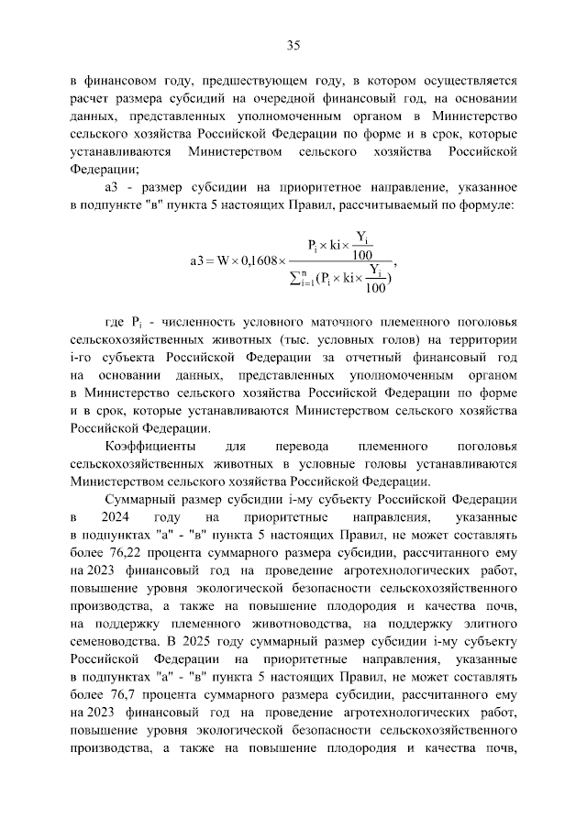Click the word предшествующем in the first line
click(x=247, y=80)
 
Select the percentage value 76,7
click(x=122, y=692)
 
